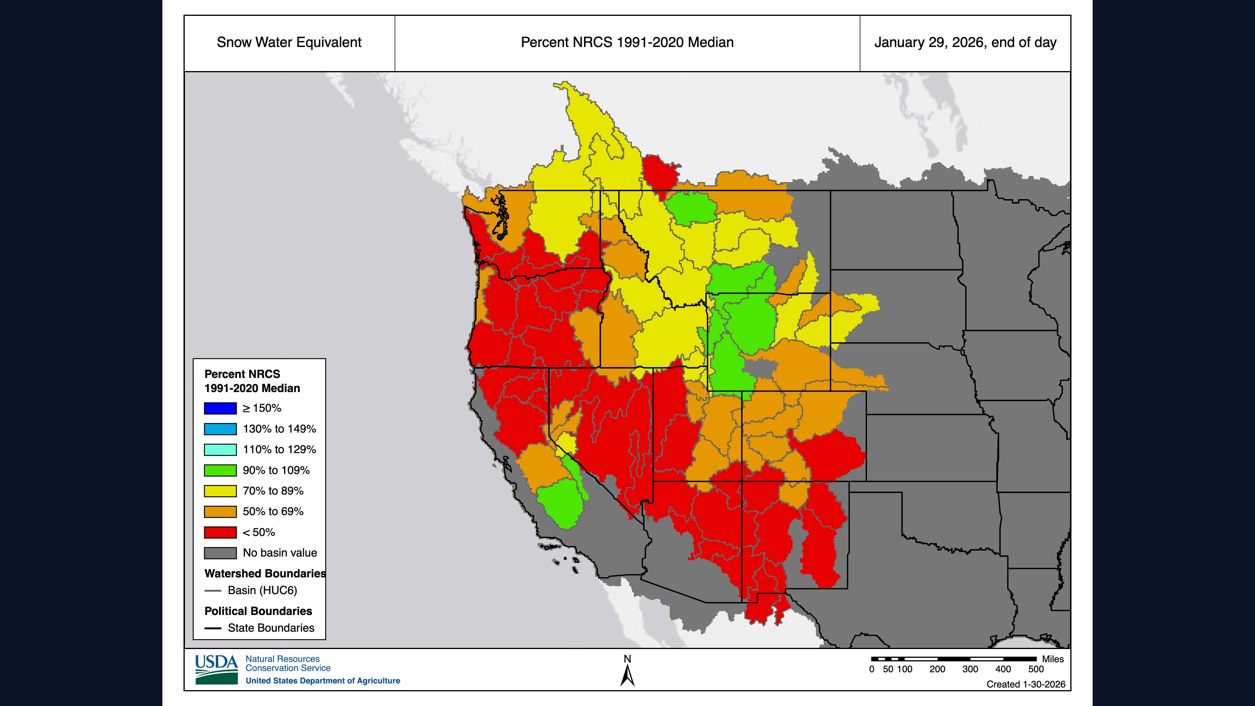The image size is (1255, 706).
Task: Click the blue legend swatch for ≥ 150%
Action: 220,408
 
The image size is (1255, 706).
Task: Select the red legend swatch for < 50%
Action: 220,532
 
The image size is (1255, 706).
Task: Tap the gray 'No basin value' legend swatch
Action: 220,553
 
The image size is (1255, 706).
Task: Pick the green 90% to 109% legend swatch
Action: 220,470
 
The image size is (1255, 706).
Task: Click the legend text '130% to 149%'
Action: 279,429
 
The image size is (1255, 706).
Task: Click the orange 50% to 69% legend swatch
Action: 220,512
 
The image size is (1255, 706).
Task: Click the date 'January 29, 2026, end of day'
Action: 965,42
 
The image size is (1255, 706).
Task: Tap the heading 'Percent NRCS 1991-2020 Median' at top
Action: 627,42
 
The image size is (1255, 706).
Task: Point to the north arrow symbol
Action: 627,675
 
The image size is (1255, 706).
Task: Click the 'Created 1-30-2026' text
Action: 1026,684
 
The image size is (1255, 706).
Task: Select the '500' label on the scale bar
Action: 1036,669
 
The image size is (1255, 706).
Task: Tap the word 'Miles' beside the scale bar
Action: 1053,659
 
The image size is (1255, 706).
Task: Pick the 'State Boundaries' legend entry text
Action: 271,628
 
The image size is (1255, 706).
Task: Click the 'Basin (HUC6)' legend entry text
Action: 262,591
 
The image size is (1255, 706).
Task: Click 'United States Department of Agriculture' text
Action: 322,681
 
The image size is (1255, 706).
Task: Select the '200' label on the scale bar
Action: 937,669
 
